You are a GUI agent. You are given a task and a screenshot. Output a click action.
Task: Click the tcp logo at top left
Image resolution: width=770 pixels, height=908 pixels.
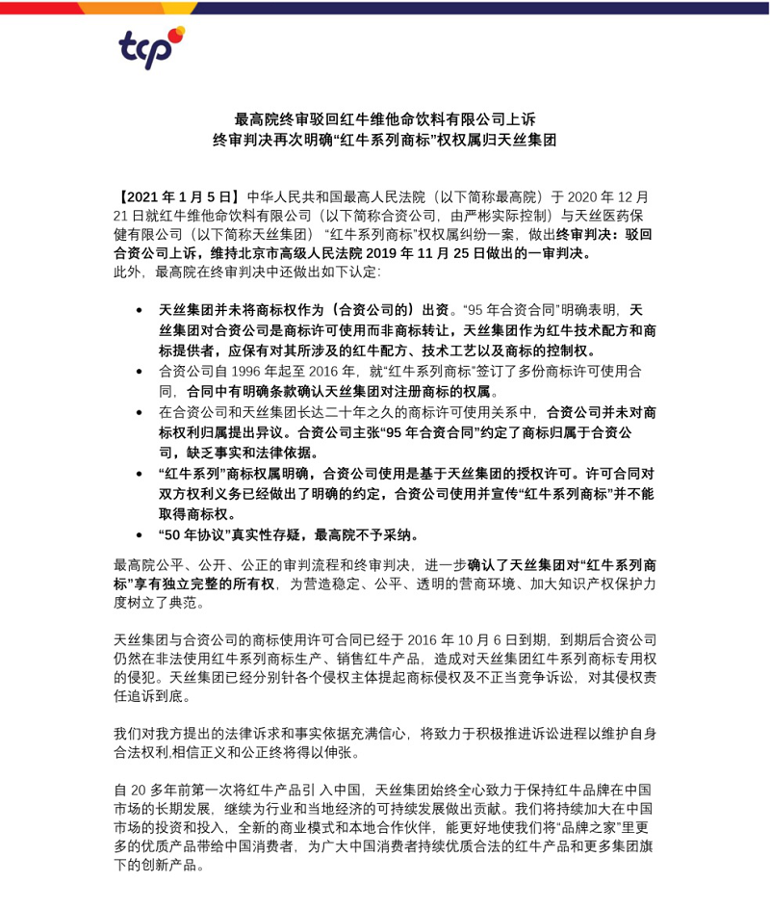pyautogui.click(x=150, y=48)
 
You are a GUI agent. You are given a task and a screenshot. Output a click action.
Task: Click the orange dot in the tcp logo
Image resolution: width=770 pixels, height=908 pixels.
pyautogui.click(x=179, y=34)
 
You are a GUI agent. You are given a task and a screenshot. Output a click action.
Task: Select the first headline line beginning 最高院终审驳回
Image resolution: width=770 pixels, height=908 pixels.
pyautogui.click(x=385, y=120)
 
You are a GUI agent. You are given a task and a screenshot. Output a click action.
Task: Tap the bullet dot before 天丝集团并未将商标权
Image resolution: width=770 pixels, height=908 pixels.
pyautogui.click(x=140, y=310)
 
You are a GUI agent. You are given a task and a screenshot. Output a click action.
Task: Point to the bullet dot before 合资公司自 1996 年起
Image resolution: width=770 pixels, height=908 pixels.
pyautogui.click(x=140, y=370)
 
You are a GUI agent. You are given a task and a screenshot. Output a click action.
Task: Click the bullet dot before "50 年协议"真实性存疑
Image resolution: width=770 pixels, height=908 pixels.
pyautogui.click(x=140, y=534)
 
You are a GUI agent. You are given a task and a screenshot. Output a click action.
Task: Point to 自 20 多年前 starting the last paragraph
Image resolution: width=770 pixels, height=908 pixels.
pyautogui.click(x=151, y=786)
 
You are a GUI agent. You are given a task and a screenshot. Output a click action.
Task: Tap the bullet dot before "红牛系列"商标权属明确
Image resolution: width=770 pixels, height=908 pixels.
pyautogui.click(x=140, y=474)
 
